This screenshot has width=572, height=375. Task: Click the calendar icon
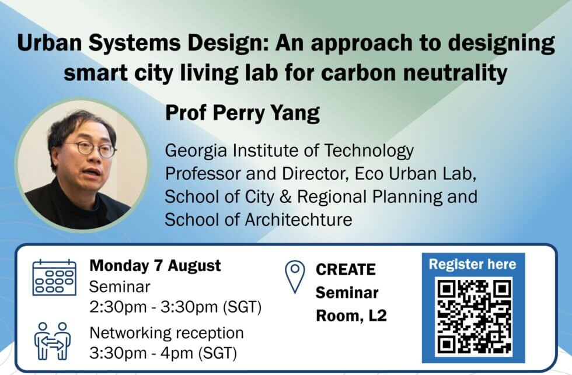click(54, 278)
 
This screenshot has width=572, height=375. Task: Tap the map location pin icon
click(295, 276)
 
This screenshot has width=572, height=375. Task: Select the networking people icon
click(53, 341)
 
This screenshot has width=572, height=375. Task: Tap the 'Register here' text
click(472, 264)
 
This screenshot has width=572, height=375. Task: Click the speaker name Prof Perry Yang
click(243, 113)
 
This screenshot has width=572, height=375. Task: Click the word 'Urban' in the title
click(49, 43)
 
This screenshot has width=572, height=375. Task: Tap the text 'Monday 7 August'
click(155, 266)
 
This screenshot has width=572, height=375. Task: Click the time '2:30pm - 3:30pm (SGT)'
click(176, 307)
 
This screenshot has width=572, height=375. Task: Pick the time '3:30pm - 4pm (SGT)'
click(163, 353)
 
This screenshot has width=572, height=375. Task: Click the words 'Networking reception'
click(167, 333)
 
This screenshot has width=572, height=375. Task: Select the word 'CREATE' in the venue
click(346, 270)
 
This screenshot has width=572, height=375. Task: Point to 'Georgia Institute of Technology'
click(290, 151)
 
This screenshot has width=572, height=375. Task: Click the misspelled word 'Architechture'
click(298, 220)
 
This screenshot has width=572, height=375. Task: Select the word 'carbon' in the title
click(360, 73)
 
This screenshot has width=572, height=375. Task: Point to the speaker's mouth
click(91, 172)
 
